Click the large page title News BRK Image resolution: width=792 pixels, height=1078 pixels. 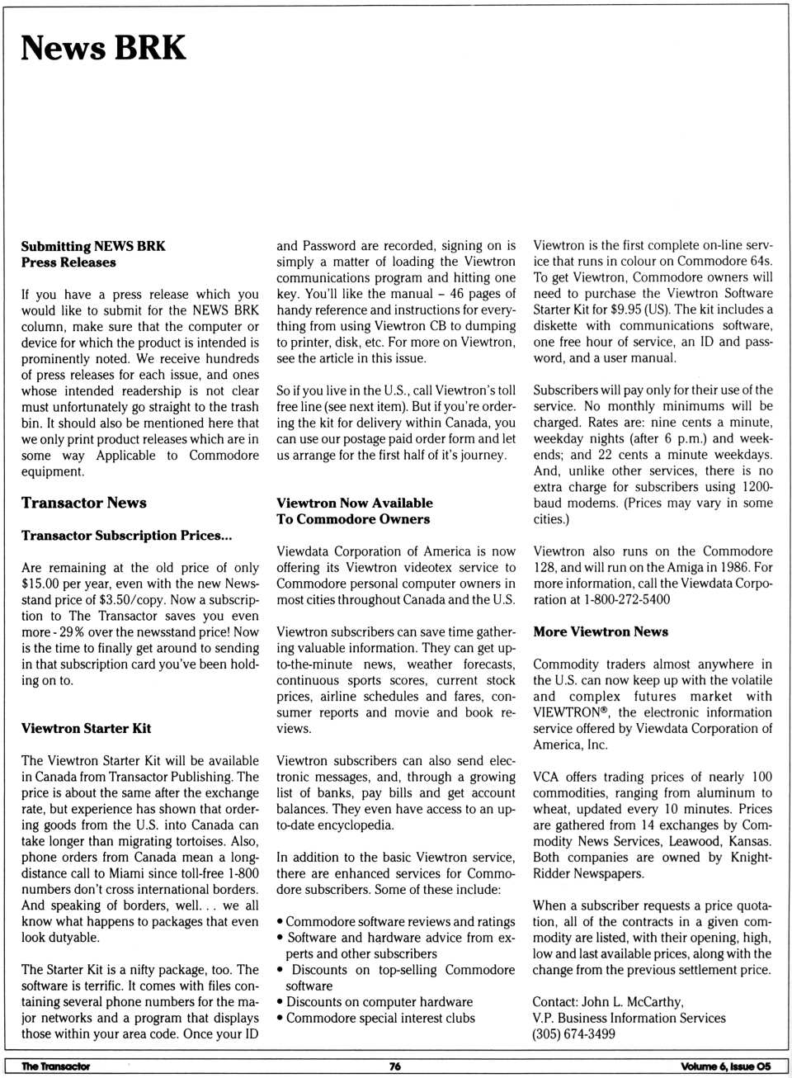[103, 48]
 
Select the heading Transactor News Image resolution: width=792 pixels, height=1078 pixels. [83, 503]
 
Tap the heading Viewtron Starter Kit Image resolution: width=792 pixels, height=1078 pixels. [86, 728]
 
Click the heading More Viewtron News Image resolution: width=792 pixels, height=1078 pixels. [600, 631]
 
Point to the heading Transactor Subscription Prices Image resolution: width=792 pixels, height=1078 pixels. [126, 535]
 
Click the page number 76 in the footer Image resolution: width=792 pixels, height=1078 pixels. [395, 1066]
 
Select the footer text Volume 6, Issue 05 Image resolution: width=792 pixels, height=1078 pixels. [725, 1066]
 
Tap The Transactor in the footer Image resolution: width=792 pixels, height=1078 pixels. [55, 1066]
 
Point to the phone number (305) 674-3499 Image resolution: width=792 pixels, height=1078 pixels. [573, 1033]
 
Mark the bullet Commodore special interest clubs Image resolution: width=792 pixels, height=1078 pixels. [380, 1018]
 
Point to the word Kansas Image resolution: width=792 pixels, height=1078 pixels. [749, 841]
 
